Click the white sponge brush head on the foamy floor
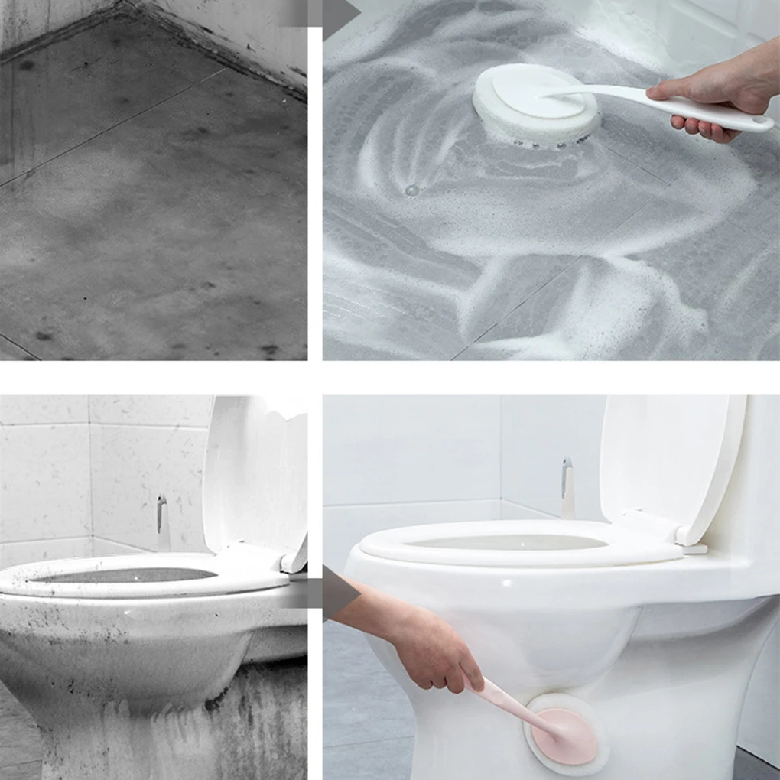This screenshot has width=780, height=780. tap(535, 107)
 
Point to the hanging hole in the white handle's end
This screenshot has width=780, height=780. tap(759, 120)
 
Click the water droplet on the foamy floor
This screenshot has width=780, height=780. tap(412, 190)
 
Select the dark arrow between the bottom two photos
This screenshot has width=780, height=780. tap(336, 593)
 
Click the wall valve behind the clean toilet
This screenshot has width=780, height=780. tap(567, 489)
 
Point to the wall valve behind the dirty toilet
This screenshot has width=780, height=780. tap(161, 520)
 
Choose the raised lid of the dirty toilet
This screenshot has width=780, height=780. tap(256, 474)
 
